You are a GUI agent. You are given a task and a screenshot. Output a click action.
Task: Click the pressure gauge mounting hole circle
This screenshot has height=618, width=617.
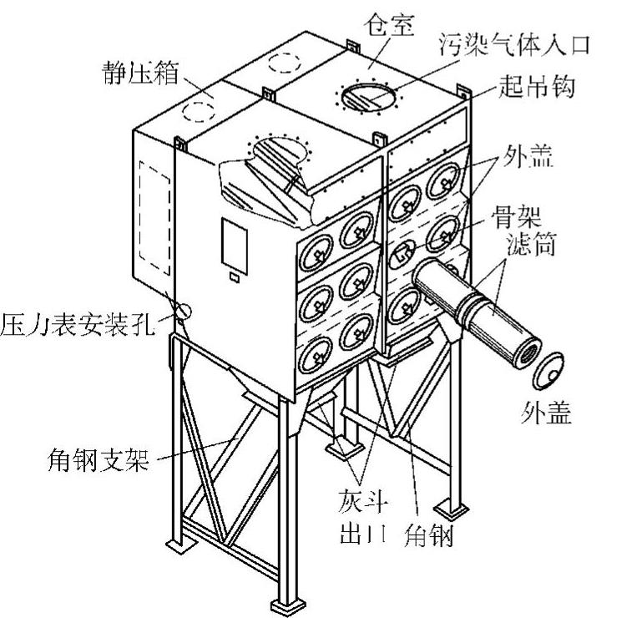[x=184, y=311]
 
